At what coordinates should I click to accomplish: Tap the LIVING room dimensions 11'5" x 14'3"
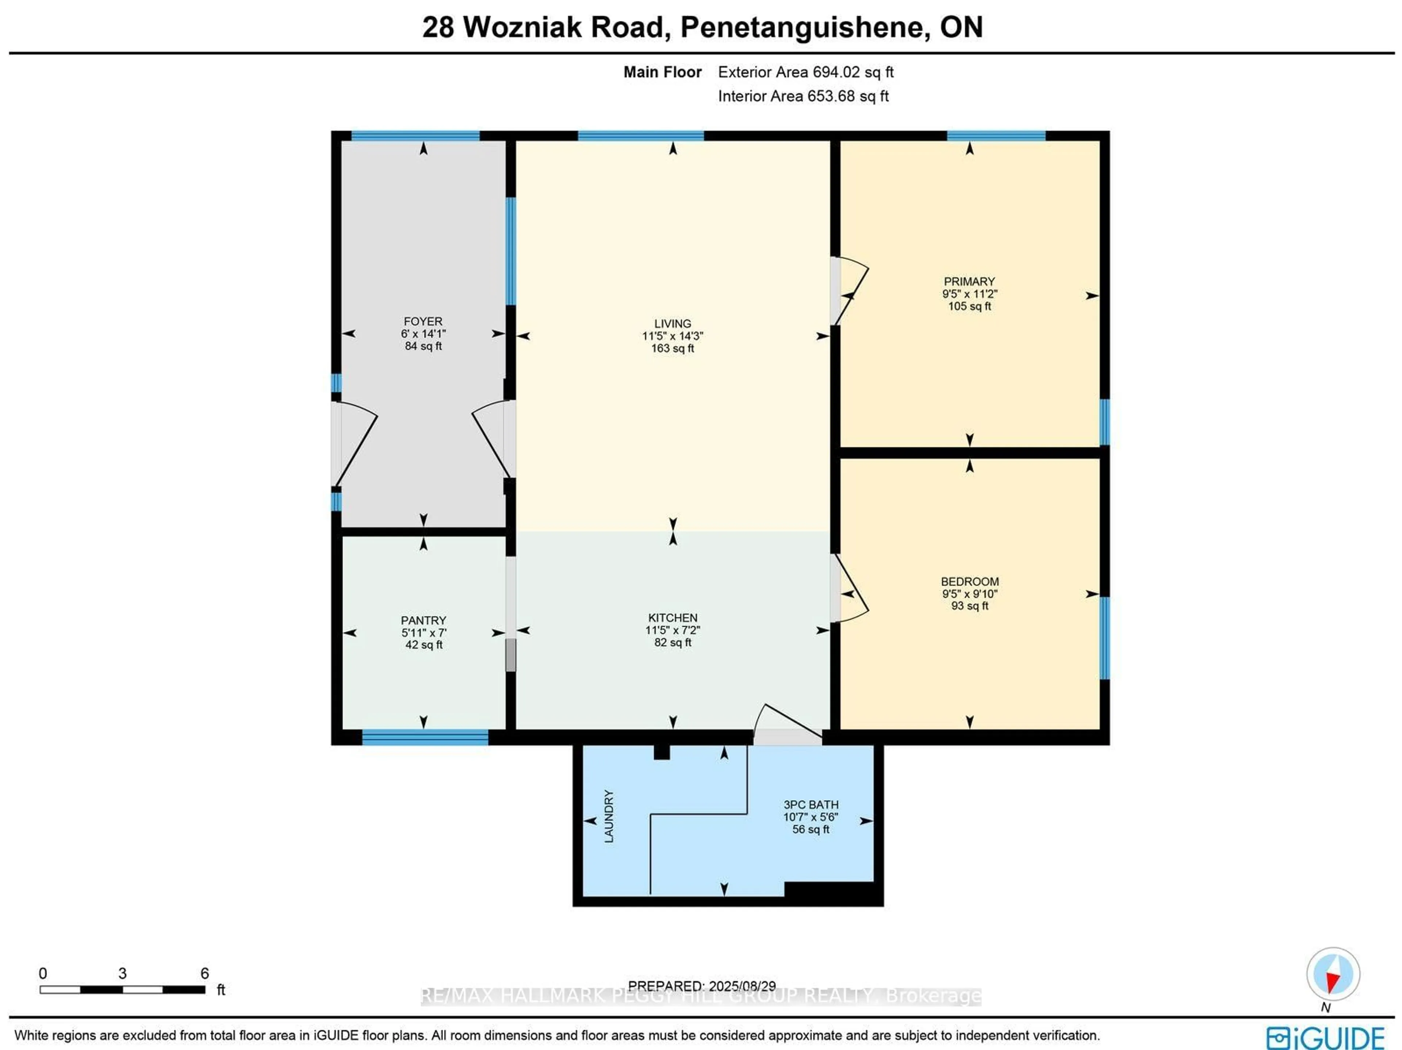point(673,336)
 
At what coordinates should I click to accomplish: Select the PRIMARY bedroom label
point(969,282)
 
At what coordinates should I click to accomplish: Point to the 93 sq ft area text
point(969,606)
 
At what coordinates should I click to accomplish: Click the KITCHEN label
point(673,618)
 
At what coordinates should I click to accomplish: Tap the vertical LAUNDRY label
point(609,816)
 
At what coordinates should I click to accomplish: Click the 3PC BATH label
point(811,805)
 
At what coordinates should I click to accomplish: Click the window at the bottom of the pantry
point(425,737)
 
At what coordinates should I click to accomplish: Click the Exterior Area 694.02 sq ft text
point(805,72)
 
